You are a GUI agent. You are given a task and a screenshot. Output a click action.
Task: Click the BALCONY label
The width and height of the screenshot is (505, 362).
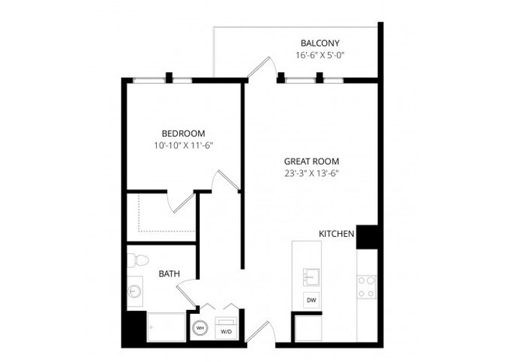click(320, 43)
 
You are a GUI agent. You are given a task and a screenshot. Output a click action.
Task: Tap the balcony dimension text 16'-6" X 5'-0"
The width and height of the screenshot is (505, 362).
click(320, 56)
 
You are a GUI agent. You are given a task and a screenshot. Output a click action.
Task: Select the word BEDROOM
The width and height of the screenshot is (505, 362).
click(183, 132)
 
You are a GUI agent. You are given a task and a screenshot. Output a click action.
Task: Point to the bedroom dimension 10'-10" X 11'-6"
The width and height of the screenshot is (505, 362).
click(183, 145)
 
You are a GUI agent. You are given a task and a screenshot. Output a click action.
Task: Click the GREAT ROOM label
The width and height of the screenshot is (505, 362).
click(311, 162)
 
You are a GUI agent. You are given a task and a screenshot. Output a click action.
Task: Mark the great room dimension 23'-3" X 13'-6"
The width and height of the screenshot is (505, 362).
click(311, 174)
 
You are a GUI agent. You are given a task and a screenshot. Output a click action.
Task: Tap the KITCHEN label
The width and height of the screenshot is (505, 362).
click(336, 233)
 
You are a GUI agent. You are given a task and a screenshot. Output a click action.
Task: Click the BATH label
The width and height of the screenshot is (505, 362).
click(170, 273)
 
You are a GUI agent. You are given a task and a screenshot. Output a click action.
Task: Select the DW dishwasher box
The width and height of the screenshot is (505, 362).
click(311, 300)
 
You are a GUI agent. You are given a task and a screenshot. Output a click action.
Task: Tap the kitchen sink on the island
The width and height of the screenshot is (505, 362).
click(311, 276)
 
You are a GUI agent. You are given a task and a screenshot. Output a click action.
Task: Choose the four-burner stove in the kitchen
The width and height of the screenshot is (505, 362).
click(367, 287)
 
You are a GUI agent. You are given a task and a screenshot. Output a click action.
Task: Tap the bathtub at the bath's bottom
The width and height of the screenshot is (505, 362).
click(165, 327)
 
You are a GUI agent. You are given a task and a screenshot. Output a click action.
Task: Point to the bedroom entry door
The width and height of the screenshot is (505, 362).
click(226, 182)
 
